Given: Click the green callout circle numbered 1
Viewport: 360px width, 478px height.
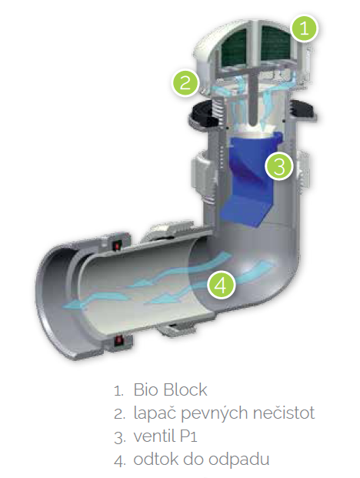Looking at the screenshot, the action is [x=304, y=28].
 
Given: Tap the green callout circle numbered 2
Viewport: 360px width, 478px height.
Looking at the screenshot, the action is [x=185, y=82].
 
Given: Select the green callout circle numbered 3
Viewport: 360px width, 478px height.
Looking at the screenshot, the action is [x=279, y=166].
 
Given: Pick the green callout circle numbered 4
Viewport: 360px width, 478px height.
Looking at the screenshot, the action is [x=222, y=286].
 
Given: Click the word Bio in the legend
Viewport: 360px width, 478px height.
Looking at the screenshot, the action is [x=145, y=389].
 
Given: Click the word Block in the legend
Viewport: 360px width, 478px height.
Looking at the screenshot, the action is [x=185, y=389].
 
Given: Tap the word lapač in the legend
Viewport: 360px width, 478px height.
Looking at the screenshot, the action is [x=154, y=413].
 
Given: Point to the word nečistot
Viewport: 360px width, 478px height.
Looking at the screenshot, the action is [x=284, y=413].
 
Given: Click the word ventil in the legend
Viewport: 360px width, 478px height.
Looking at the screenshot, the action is [x=155, y=436].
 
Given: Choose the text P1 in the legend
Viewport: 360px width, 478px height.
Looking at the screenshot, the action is [x=188, y=436].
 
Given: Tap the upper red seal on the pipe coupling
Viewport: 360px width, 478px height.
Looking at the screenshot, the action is [x=118, y=245].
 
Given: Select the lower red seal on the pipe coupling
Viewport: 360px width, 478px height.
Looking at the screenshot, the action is [x=118, y=340].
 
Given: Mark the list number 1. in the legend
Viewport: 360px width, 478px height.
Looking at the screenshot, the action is [x=118, y=391].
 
